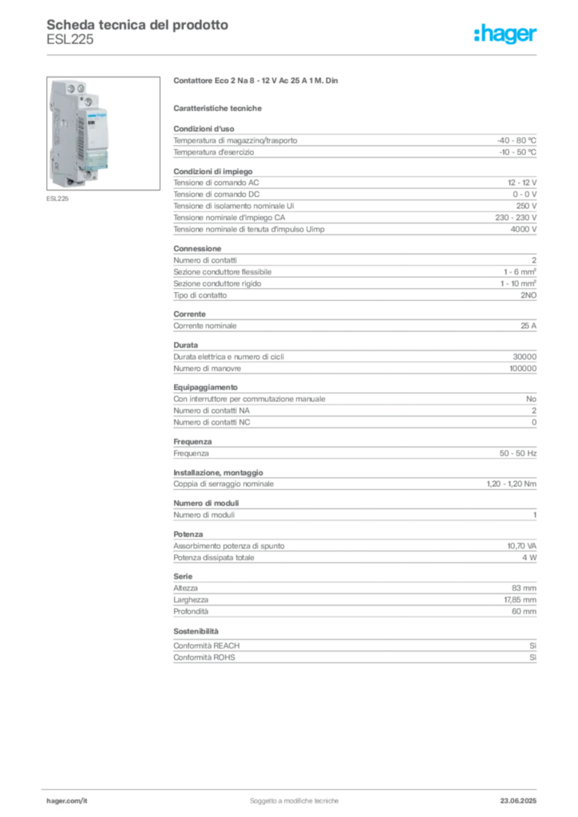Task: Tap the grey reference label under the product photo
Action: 57,199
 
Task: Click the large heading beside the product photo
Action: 259,81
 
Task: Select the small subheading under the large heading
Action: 220,108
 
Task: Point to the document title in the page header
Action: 137,24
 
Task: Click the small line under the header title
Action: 70,45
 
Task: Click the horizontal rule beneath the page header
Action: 294,53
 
